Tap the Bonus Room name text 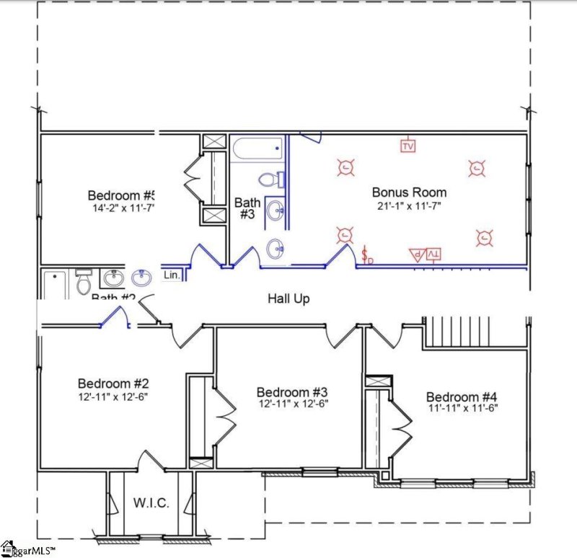(409, 192)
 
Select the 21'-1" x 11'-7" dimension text (409, 207)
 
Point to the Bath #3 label (247, 209)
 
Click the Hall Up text (288, 298)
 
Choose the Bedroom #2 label (113, 383)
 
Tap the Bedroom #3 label (292, 391)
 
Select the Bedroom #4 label (462, 397)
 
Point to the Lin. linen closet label (172, 275)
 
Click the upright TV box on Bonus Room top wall (408, 146)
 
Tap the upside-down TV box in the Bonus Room (433, 254)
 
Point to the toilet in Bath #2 (84, 283)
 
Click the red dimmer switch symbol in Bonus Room (367, 254)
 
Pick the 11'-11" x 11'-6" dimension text (462, 408)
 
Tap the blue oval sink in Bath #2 (141, 277)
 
